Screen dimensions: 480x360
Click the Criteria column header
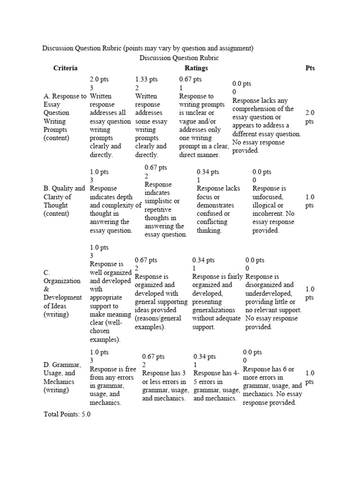[x=65, y=68]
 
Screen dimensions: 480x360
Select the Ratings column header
[x=196, y=68]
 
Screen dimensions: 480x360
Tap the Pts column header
[x=310, y=68]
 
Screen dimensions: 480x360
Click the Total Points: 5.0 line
[x=67, y=415]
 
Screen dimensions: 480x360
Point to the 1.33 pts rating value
[x=146, y=80]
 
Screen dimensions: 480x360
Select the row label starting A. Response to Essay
[x=64, y=96]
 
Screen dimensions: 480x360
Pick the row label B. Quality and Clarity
[x=64, y=188]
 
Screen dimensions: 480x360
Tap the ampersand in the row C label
[x=46, y=289]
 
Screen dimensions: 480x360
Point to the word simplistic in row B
[x=159, y=201]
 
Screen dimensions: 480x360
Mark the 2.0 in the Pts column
[x=310, y=113]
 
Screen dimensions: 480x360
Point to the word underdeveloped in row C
[x=271, y=293]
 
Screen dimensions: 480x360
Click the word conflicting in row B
[x=212, y=222]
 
